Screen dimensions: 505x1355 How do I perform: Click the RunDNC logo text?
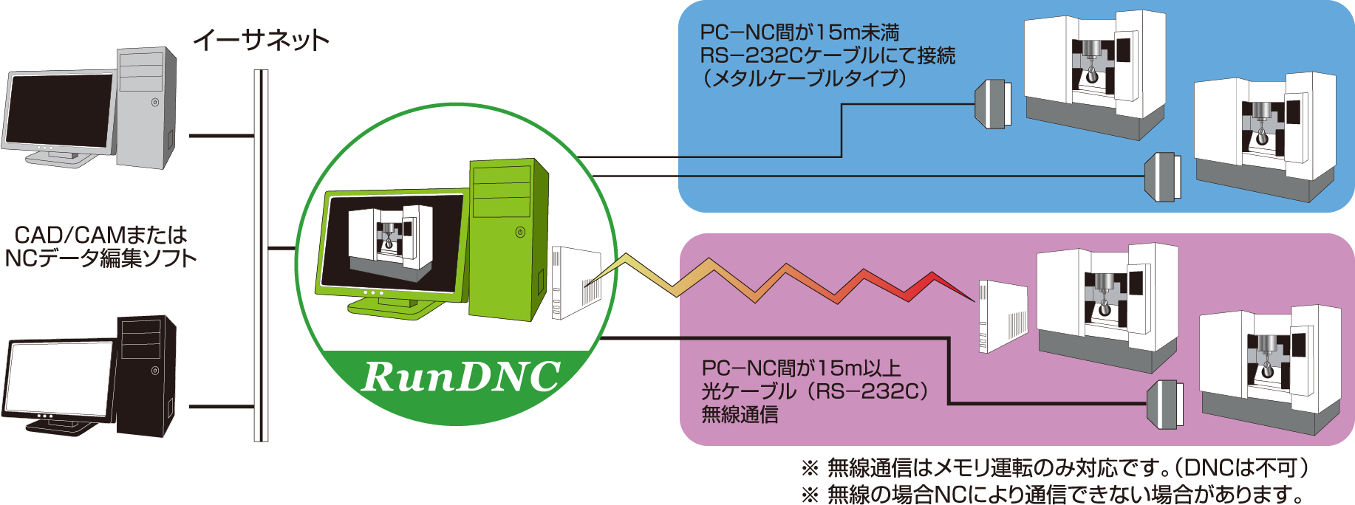pyautogui.click(x=461, y=377)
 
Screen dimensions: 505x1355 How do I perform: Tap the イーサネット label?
pyautogui.click(x=261, y=40)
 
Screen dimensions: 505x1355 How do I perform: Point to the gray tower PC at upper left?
pyautogui.click(x=147, y=107)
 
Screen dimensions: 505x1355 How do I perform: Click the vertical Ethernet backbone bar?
pyautogui.click(x=261, y=255)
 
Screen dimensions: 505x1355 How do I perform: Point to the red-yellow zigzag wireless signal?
pyautogui.click(x=783, y=281)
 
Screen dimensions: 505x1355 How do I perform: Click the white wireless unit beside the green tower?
pyautogui.click(x=575, y=283)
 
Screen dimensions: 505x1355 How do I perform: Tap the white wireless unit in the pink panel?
pyautogui.click(x=1003, y=315)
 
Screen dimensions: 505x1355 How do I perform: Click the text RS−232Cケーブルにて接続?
pyautogui.click(x=827, y=55)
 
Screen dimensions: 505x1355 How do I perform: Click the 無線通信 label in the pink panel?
pyautogui.click(x=740, y=415)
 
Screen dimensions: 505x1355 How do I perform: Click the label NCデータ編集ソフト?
pyautogui.click(x=100, y=258)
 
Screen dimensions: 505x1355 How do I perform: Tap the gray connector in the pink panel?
pyautogui.click(x=1164, y=404)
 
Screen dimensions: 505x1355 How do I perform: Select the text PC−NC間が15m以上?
pyautogui.click(x=801, y=368)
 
